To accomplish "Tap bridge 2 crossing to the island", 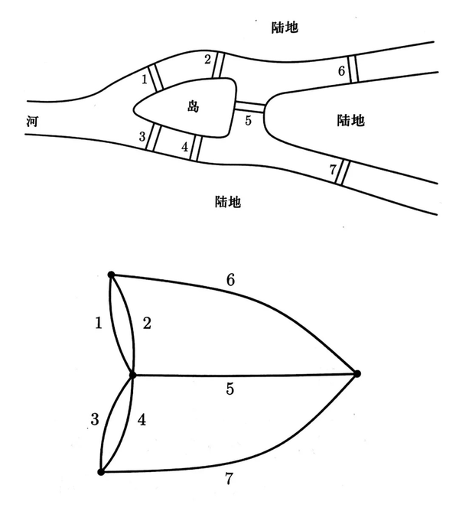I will (x=217, y=64).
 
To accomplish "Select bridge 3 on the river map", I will (x=151, y=138).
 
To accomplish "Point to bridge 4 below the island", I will (x=194, y=147).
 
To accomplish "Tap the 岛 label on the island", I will (x=193, y=106).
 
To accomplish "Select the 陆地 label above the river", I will (x=285, y=28).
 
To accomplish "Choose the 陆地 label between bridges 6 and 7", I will (x=351, y=120).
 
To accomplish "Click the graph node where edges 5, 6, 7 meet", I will (x=356, y=373).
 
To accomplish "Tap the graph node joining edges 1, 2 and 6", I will (x=111, y=275).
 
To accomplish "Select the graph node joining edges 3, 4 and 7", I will (x=101, y=472).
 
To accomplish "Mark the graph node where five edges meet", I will (x=133, y=375).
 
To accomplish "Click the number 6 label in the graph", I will (x=230, y=281).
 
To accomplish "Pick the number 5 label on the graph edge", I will (x=230, y=389).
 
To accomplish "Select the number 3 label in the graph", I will (x=95, y=419).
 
